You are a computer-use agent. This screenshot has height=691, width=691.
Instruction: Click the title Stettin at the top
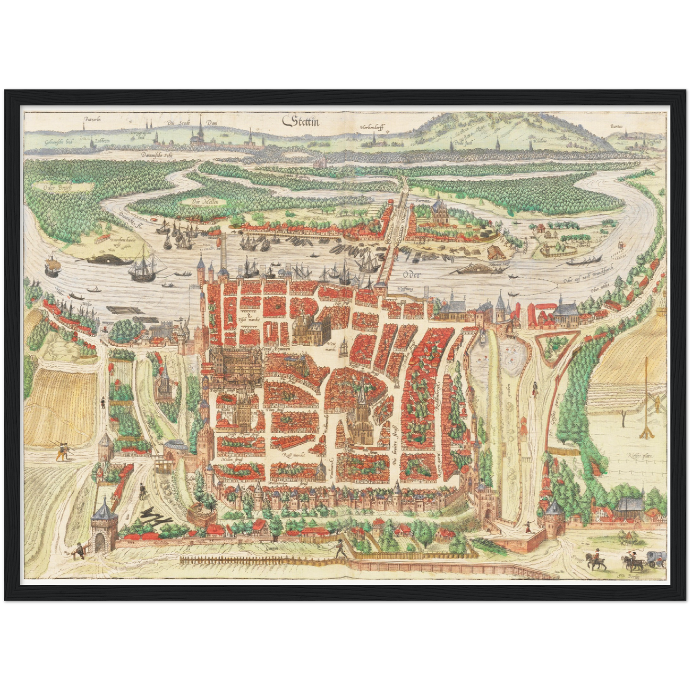[301, 121]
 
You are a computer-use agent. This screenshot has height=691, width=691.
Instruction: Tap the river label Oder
[411, 274]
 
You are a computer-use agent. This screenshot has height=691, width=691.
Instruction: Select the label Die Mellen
[201, 202]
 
